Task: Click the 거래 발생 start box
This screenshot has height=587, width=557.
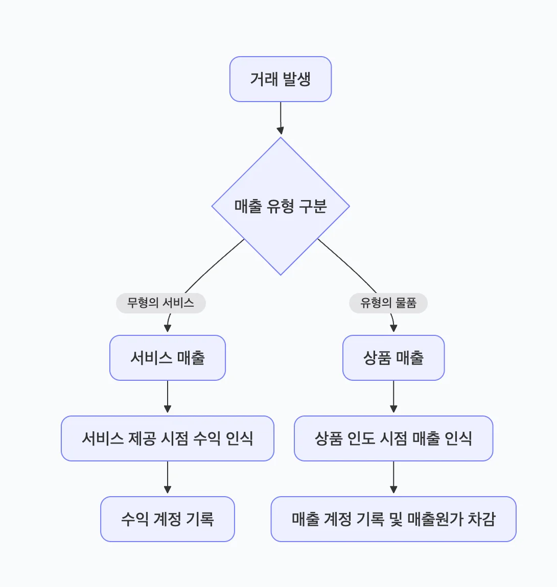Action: (281, 79)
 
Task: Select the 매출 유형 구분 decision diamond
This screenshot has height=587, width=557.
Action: (281, 206)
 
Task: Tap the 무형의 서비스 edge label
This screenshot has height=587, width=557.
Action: (160, 303)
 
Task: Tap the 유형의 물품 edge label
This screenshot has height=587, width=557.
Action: (388, 303)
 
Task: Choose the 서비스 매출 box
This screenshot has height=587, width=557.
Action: (168, 358)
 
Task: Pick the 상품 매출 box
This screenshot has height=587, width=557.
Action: (393, 358)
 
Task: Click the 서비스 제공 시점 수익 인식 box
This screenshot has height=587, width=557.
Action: (168, 438)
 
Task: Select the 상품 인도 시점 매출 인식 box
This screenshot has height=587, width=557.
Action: (393, 438)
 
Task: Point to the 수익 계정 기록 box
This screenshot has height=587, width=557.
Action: (168, 519)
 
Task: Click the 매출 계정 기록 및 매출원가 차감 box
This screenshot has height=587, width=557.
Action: (393, 519)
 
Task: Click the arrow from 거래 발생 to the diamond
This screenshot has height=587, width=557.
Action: (281, 118)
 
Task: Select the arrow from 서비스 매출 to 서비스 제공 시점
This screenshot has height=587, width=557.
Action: (168, 398)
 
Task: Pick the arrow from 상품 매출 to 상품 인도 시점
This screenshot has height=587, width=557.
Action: (393, 398)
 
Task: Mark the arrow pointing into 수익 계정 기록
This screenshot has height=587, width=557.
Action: (168, 478)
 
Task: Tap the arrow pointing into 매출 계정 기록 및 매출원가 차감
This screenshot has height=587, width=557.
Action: (393, 478)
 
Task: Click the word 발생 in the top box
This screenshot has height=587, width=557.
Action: (296, 79)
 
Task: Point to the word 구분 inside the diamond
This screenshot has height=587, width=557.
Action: (313, 206)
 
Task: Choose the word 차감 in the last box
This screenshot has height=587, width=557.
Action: (481, 519)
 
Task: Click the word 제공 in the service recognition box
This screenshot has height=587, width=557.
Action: (142, 438)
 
